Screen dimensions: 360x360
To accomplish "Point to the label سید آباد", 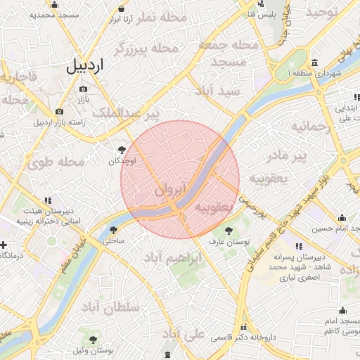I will (x=220, y=91).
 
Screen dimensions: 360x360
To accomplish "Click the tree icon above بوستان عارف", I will (x=228, y=230).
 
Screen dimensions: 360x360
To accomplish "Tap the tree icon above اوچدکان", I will (x=122, y=149).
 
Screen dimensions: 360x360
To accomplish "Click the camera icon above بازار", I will (x=84, y=89).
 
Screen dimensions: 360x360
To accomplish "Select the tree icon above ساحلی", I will (x=113, y=229).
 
